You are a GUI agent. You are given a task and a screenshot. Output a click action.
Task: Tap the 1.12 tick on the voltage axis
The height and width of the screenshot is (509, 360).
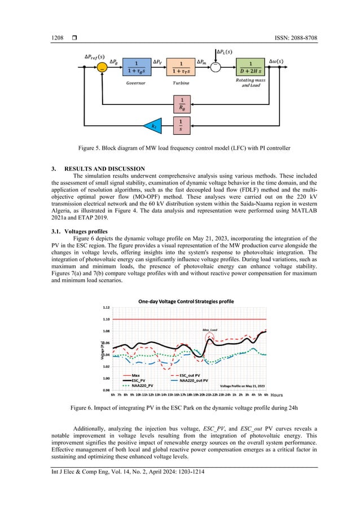(106, 308)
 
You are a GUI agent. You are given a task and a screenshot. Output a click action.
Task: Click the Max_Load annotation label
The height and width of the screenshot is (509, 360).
(210, 330)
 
